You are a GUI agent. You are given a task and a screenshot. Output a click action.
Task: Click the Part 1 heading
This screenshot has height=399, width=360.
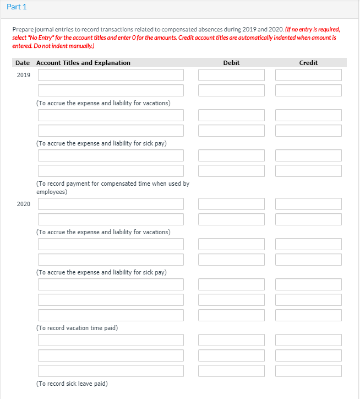coord(18,7)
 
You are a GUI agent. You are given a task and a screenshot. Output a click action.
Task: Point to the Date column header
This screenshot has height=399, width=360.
coord(23,63)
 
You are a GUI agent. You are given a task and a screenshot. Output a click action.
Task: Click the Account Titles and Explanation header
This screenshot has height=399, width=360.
coord(83,63)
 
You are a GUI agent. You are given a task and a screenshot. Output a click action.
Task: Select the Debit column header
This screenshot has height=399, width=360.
coord(231,63)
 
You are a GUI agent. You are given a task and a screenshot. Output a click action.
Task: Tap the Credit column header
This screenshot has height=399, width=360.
coord(308,63)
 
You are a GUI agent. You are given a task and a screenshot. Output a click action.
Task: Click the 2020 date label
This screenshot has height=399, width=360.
coord(24,204)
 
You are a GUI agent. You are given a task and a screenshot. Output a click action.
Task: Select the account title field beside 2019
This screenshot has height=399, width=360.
coord(111,75)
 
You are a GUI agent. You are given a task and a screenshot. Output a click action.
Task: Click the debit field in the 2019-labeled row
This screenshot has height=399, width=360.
coord(231,75)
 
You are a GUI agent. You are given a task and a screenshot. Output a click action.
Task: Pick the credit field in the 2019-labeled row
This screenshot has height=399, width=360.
coord(308,75)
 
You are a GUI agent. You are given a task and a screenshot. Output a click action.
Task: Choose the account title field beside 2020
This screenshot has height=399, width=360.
coord(111,204)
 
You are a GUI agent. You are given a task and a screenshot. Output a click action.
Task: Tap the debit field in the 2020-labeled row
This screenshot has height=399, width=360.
coord(231,204)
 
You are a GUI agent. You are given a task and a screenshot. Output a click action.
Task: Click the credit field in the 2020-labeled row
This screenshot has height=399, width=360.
coord(308,204)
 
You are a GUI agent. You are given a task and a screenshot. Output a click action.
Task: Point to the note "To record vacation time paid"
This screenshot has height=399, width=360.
coord(77,328)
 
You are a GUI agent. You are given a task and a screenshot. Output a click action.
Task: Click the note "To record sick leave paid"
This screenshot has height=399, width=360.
coord(72,384)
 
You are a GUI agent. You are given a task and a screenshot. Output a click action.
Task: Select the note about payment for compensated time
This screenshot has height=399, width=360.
coord(112,187)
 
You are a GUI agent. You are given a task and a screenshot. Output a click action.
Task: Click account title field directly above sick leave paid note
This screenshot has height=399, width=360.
coord(111,371)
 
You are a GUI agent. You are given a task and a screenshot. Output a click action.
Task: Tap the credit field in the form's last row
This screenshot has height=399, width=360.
coord(308,371)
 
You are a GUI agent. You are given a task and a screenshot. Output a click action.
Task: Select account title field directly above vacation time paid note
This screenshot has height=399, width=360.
coord(111,315)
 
